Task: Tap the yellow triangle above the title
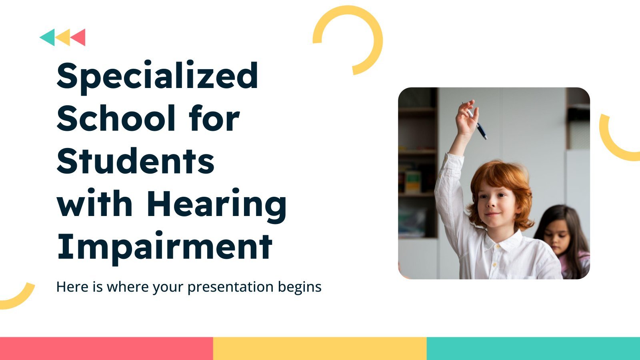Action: point(64,38)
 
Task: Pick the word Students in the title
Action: point(136,160)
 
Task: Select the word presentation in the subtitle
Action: point(230,287)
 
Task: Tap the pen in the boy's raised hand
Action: point(475,120)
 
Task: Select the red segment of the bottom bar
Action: point(106,348)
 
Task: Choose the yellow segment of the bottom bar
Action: point(320,348)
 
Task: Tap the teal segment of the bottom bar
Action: point(534,348)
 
